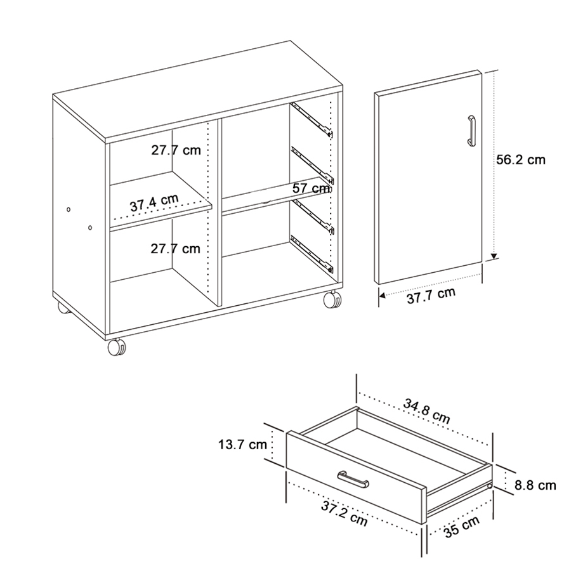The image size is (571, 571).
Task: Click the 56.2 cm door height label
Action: click(x=520, y=160)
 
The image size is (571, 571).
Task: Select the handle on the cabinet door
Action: click(x=471, y=131)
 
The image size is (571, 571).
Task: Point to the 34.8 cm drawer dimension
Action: click(x=426, y=410)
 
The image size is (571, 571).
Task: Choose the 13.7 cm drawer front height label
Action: click(x=242, y=444)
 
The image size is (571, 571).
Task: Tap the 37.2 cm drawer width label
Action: click(x=345, y=513)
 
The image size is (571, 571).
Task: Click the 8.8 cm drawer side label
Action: click(x=535, y=485)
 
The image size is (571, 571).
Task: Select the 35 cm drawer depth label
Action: click(x=461, y=528)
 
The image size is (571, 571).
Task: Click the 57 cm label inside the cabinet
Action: click(x=312, y=188)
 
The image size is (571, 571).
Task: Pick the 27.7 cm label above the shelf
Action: click(x=175, y=150)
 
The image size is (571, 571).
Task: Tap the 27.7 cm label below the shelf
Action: click(x=175, y=249)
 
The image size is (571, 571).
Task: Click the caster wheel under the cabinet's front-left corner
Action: click(x=117, y=347)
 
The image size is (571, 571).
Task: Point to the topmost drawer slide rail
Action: click(x=312, y=119)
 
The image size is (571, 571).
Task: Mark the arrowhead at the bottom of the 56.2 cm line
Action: click(x=494, y=256)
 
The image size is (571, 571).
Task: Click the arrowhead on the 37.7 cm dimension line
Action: click(x=383, y=294)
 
